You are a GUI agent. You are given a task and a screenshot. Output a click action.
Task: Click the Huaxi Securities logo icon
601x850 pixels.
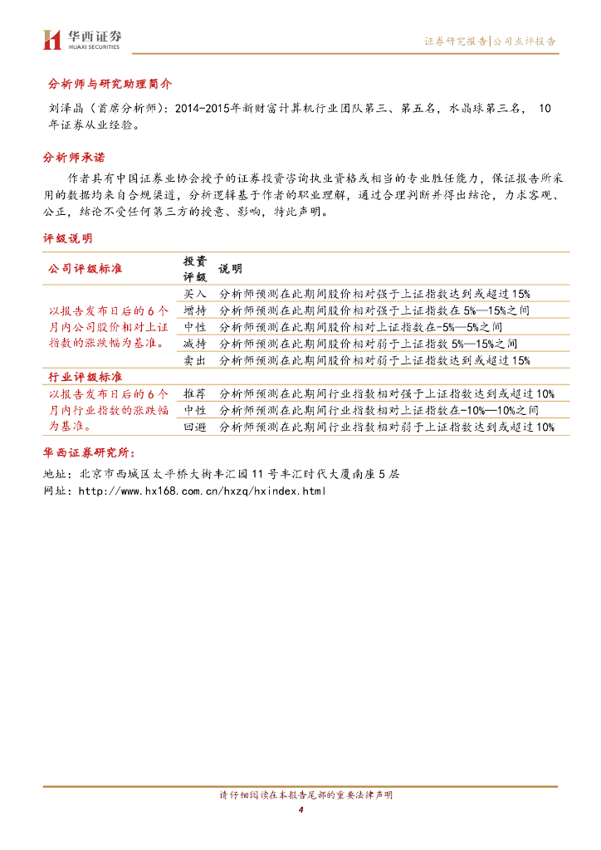[52, 39]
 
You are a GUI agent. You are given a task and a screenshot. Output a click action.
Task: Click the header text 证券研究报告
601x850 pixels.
[456, 41]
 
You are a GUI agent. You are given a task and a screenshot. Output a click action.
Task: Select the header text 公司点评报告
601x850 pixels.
[525, 41]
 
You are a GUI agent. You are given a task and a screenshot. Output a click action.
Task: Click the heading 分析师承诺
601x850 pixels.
[74, 158]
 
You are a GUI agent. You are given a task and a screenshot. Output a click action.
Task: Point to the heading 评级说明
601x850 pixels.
[68, 238]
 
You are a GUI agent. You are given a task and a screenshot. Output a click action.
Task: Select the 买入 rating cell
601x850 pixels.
[195, 294]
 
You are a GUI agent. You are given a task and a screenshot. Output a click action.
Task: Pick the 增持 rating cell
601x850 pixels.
[195, 310]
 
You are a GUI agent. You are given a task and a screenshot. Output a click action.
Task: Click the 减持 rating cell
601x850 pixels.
[195, 343]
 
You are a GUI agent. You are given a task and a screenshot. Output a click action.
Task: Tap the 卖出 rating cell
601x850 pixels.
[195, 359]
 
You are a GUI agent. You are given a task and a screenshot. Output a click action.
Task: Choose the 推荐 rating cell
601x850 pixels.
[195, 393]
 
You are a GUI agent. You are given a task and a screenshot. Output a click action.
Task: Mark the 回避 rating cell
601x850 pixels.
[195, 427]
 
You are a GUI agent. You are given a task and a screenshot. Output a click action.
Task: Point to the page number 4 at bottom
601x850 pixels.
[300, 809]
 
